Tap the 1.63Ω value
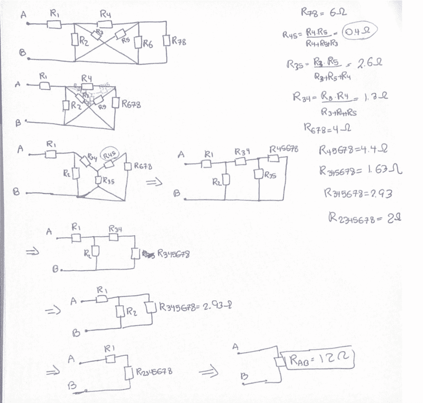point(384,170)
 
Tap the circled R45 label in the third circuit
point(110,154)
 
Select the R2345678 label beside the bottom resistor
point(154,372)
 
